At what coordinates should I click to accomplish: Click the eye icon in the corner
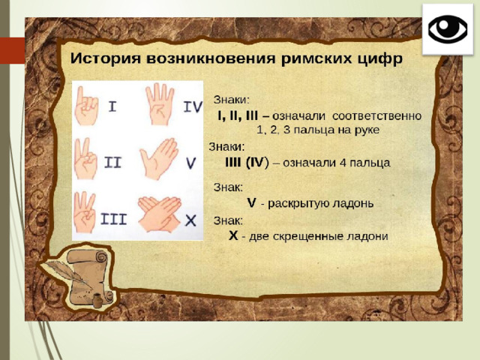click(448, 29)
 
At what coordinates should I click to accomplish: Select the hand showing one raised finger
click(86, 106)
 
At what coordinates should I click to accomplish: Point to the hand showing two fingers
click(85, 158)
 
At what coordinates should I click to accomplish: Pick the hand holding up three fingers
click(85, 212)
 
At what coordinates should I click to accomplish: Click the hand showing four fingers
click(160, 104)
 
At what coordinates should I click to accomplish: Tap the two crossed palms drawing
click(160, 214)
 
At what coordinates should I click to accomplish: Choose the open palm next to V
click(158, 159)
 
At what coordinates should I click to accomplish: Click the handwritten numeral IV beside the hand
click(193, 106)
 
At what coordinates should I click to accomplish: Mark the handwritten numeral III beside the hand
click(113, 219)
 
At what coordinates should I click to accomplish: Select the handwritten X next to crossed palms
click(190, 220)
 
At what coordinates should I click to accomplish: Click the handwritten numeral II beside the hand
click(113, 163)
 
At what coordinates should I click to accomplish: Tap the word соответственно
click(376, 116)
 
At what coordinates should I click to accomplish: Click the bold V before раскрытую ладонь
click(251, 203)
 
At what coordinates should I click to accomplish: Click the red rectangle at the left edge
click(13, 51)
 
